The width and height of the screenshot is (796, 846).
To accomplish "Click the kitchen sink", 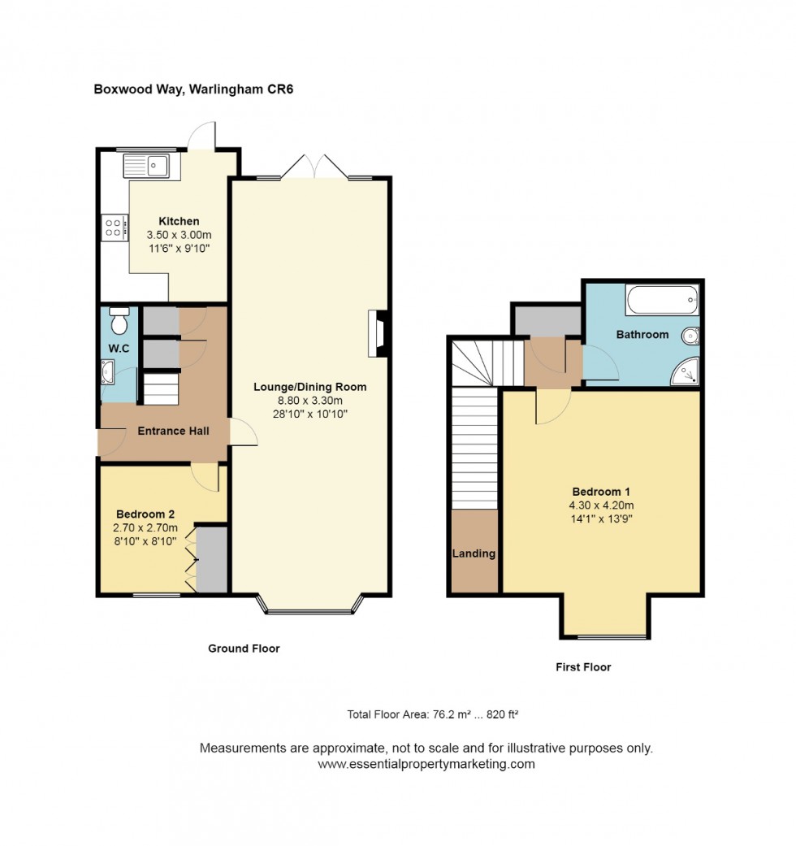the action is pos(146,166).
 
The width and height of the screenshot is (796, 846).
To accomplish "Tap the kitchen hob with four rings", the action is pos(115,228).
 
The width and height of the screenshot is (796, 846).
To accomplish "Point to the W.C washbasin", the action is pos(107,372).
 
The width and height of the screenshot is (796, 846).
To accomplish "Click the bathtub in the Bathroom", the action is pos(662,301).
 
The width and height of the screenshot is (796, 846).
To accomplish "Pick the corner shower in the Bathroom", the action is pos(686,371).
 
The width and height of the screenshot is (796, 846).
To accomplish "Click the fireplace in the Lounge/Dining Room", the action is pos(378,333).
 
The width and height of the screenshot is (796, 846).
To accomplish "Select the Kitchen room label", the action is pos(179,221).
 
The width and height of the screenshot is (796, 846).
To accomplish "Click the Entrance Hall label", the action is pos(173,431).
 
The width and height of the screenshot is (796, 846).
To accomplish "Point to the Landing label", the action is pos(474,553).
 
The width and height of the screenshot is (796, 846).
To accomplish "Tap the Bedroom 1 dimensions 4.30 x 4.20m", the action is pos(601,505).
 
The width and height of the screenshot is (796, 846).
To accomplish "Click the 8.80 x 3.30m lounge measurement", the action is pos(310,401).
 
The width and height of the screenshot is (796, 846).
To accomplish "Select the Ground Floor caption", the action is pos(244,649).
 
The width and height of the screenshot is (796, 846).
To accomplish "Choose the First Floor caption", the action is pos(583,667).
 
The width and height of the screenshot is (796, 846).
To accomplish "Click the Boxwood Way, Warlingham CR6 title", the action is pos(193,89).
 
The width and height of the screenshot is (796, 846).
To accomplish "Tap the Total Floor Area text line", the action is pos(432,715).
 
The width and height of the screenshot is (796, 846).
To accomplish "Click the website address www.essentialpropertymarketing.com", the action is pos(426,764).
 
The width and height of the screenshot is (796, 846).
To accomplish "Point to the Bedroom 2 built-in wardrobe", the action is pos(211,559).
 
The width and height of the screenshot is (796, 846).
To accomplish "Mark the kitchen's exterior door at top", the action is pos(203,135).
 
